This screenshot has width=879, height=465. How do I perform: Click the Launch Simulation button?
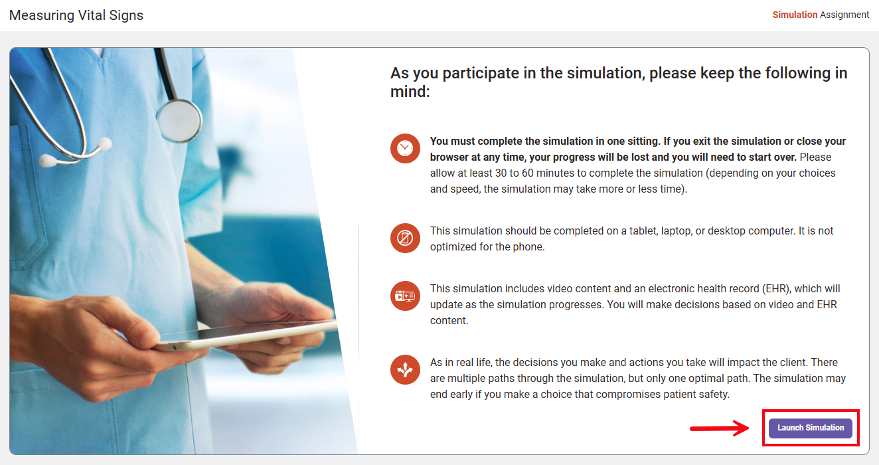(x=810, y=428)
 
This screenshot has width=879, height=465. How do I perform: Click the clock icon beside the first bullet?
(x=405, y=148)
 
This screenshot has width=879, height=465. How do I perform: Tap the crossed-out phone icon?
(x=405, y=238)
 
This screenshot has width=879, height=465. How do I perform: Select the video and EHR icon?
(x=405, y=296)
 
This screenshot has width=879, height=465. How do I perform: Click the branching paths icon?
(x=405, y=370)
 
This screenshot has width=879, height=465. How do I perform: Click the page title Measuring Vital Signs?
(x=76, y=15)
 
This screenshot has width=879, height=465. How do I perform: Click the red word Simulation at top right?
(x=795, y=15)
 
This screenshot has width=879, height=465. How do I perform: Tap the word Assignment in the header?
(x=844, y=15)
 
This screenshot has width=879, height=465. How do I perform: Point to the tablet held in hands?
(x=246, y=335)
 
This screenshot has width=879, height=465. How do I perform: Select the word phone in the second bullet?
(x=529, y=246)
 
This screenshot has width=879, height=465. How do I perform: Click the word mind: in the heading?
(x=410, y=92)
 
